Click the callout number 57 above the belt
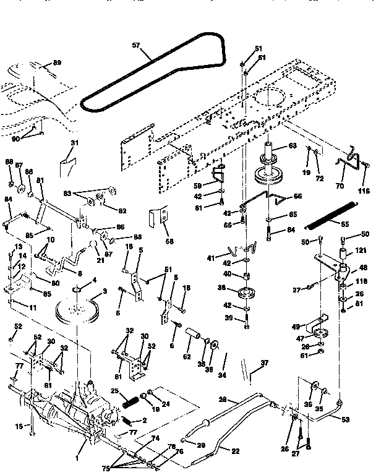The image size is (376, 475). tap(136, 45)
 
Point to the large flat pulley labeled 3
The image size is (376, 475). tap(77, 310)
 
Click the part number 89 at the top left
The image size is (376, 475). tap(57, 63)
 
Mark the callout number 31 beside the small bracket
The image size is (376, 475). tap(75, 143)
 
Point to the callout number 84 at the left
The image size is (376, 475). tap(8, 199)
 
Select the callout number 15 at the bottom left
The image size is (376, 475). tap(19, 426)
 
